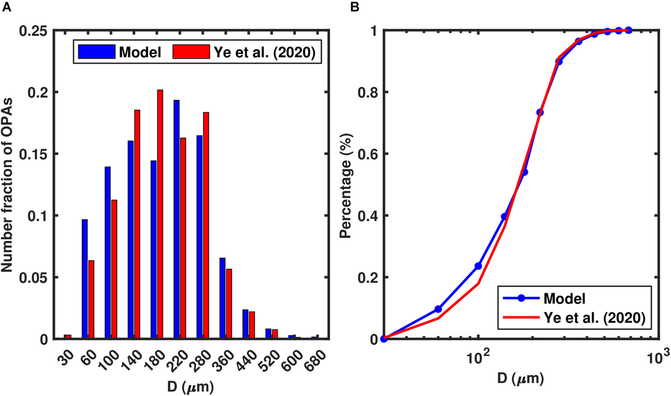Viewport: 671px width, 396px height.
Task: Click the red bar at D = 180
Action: click(x=160, y=214)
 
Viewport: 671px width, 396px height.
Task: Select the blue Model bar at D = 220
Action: click(x=176, y=220)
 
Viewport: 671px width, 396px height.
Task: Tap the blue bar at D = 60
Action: click(x=85, y=279)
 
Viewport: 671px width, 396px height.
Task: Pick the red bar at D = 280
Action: click(x=206, y=225)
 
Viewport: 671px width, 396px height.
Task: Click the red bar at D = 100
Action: click(x=114, y=269)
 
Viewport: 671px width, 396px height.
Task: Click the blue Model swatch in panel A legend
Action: click(x=97, y=52)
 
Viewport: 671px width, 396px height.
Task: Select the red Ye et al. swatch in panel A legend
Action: click(x=191, y=52)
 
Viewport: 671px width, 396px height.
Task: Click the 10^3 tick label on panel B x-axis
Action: click(x=657, y=358)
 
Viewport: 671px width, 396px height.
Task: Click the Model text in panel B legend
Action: click(x=564, y=298)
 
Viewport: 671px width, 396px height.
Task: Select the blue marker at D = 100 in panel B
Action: click(x=478, y=266)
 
